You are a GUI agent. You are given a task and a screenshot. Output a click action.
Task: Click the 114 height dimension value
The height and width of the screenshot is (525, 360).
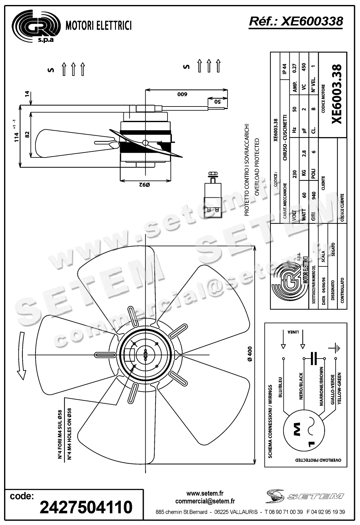pyautogui.click(x=17, y=137)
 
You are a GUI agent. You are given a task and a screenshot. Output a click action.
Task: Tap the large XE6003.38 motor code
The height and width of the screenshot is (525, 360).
pyautogui.click(x=337, y=94)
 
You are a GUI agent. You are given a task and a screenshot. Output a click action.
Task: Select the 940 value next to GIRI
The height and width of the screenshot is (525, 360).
pyautogui.click(x=314, y=195)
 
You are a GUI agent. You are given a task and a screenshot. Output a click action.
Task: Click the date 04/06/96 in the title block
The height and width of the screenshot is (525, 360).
pyautogui.click(x=323, y=287)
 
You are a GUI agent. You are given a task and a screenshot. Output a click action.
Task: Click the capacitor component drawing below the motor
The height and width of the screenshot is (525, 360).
pyautogui.click(x=213, y=195)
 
